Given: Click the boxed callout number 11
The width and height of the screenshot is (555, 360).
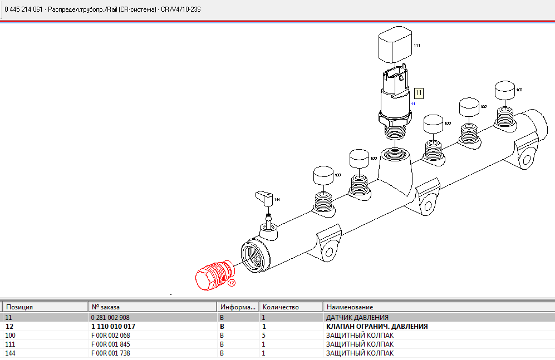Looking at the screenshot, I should (419, 93).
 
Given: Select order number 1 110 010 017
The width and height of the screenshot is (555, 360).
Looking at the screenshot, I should (113, 326).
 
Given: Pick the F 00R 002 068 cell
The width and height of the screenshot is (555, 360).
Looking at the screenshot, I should (111, 336).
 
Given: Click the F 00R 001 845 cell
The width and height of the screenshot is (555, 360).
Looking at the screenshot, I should (111, 344).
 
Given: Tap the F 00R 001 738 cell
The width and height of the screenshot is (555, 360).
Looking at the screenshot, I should (111, 353).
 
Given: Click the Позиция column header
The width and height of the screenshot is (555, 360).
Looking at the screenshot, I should (19, 307).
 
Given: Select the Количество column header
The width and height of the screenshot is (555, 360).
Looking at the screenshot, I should (281, 307).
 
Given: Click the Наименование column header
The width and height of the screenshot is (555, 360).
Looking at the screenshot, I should (350, 307).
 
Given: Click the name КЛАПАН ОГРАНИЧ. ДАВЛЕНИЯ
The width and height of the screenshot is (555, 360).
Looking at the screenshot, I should (377, 326).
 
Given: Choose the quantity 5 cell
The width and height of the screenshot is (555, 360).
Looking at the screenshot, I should (264, 336).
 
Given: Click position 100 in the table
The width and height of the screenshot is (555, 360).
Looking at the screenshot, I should (11, 336).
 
